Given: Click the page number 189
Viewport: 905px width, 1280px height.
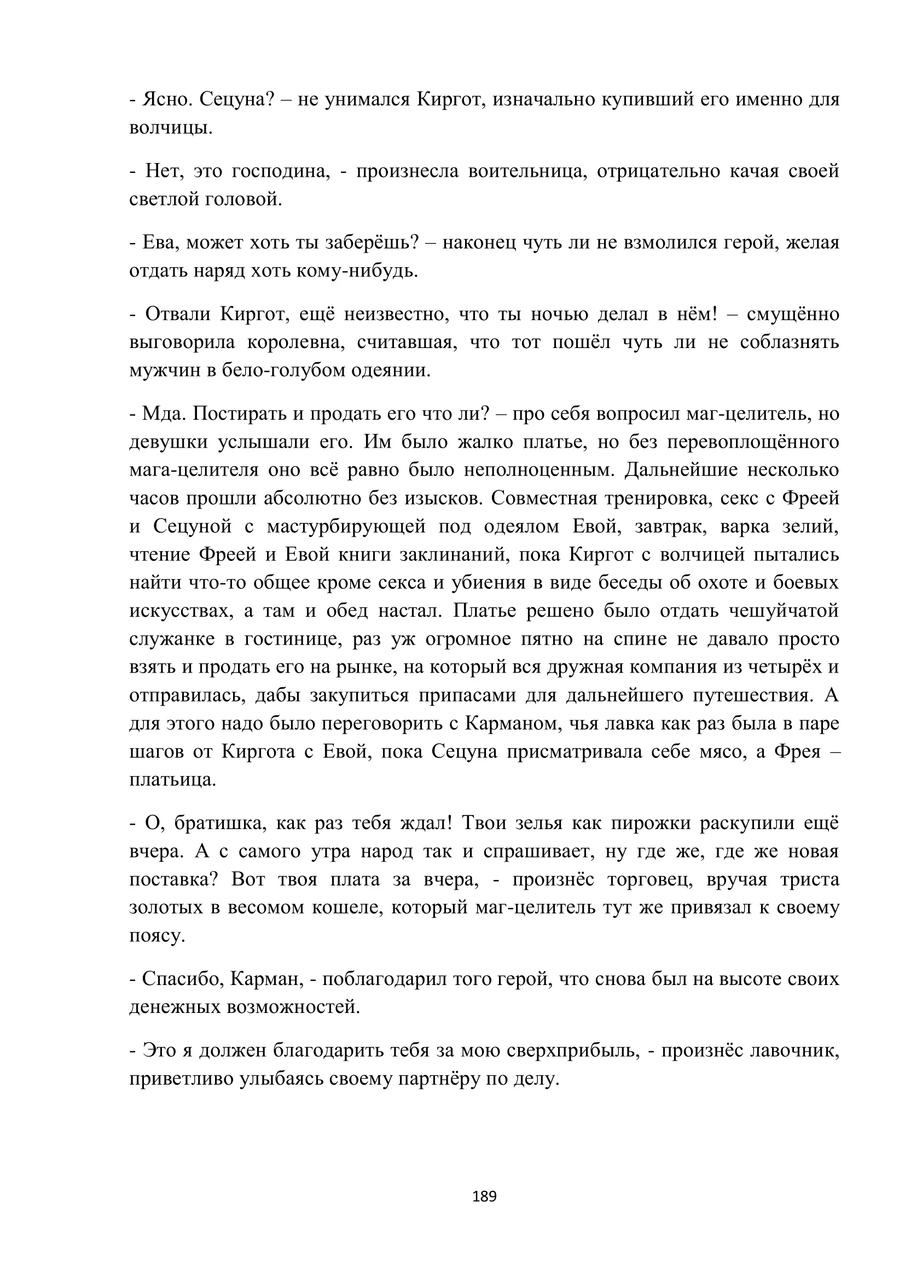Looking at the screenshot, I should click(484, 1197).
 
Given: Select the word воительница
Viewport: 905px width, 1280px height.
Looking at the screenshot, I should click(527, 171).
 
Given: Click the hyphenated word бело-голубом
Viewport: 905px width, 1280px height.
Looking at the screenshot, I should click(282, 370).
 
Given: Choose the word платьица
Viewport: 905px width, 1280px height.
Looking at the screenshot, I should click(172, 780).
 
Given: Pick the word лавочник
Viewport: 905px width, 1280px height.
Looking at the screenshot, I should click(794, 1051).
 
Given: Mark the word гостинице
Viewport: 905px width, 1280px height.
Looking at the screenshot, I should click(293, 639).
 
